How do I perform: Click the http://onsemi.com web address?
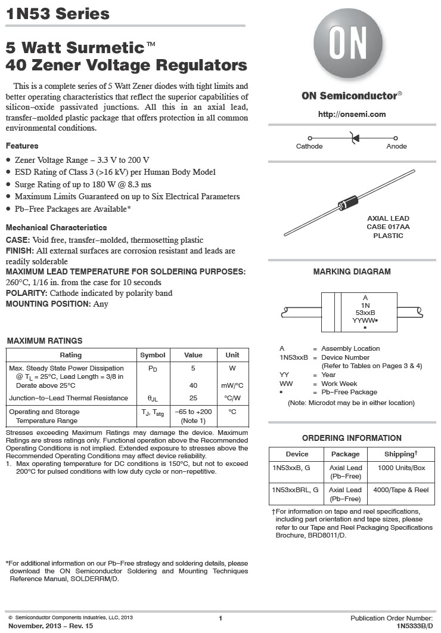352,114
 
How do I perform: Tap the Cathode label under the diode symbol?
309,147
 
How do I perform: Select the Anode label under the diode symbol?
396,147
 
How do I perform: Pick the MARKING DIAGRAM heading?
352,272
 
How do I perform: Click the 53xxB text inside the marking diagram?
365,312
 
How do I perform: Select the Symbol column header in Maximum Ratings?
153,355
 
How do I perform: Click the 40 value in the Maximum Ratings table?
193,385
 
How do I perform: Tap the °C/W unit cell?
232,398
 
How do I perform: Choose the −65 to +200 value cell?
193,412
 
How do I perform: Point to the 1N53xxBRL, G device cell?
295,490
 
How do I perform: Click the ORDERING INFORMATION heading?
352,438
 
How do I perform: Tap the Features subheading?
22,146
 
